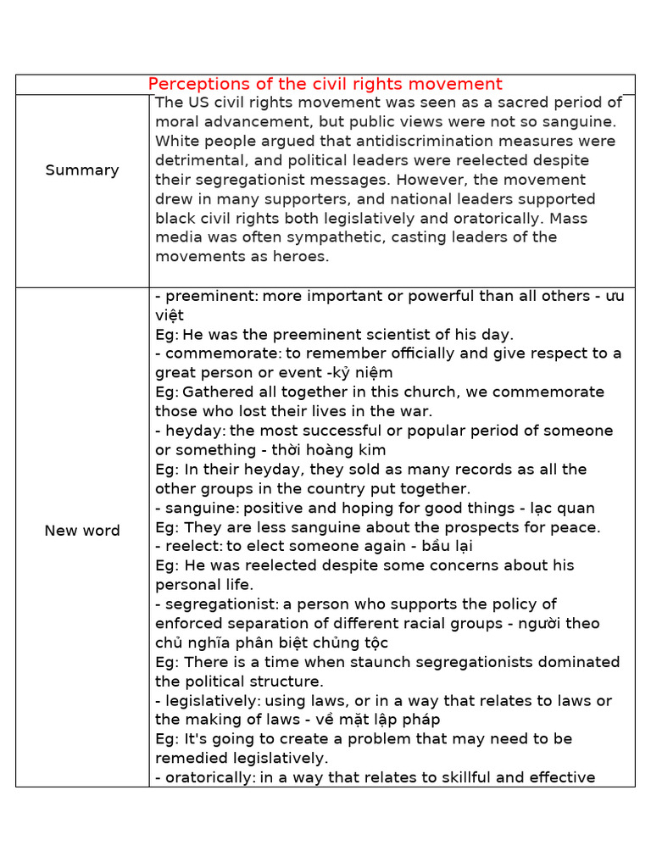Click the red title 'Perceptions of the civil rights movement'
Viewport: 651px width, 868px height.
[x=325, y=84]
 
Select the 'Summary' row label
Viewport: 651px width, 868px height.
[x=82, y=170]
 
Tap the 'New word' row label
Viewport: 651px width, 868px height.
[x=82, y=531]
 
